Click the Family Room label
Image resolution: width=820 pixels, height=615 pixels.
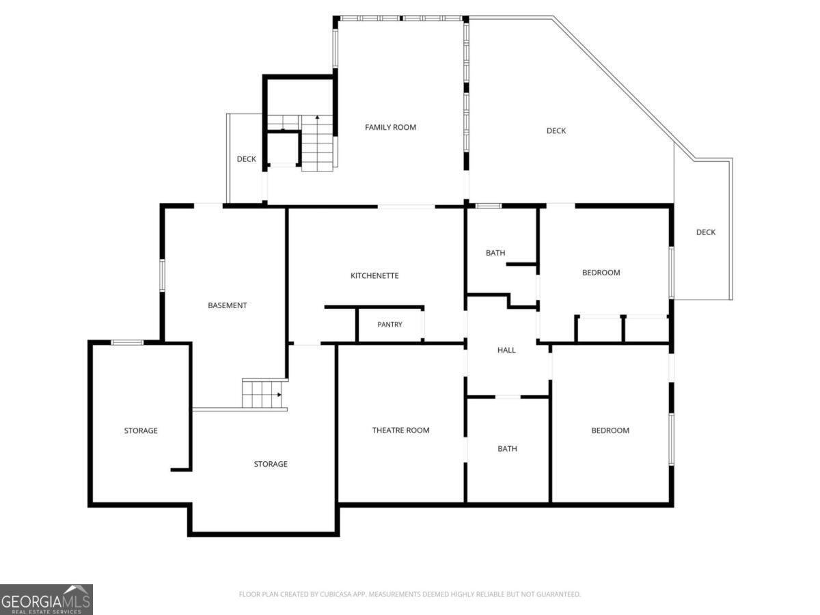[390, 127]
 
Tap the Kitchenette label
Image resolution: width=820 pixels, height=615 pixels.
[374, 275]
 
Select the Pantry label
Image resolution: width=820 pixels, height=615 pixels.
[389, 325]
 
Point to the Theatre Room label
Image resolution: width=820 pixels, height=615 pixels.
[401, 430]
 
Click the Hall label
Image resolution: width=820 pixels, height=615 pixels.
[506, 350]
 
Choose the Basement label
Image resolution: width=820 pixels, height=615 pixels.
[227, 305]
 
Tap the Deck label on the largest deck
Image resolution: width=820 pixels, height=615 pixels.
[556, 131]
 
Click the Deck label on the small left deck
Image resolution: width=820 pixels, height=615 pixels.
[247, 159]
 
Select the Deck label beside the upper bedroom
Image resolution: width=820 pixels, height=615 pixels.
[706, 232]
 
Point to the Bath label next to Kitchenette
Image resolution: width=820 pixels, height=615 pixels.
[495, 253]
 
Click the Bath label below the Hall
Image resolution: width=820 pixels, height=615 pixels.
[507, 448]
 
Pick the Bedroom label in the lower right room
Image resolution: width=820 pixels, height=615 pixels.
[610, 430]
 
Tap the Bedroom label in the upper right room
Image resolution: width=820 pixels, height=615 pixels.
[601, 273]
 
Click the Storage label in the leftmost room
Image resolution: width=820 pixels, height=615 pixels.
[141, 430]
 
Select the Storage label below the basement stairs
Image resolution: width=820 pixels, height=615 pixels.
[271, 464]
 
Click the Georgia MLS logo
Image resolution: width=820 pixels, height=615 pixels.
[46, 600]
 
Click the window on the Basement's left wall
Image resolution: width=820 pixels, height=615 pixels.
[162, 275]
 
